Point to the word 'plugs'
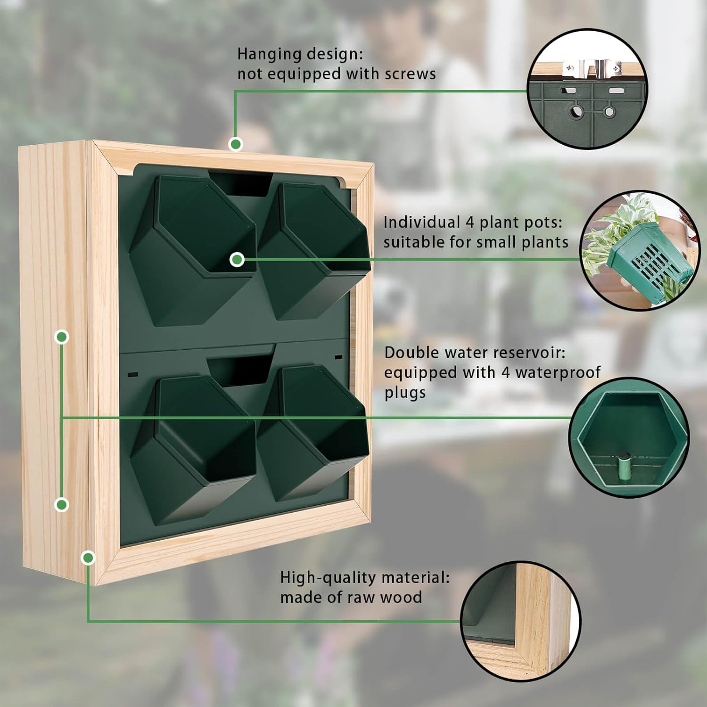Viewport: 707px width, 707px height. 405,393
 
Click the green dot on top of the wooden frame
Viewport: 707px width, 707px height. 235,144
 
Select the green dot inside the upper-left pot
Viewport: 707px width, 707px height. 237,259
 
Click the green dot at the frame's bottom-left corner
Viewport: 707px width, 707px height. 88,558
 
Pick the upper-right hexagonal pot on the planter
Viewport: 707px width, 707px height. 313,250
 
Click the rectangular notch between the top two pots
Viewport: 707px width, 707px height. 239,184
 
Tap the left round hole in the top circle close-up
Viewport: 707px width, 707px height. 576,112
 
